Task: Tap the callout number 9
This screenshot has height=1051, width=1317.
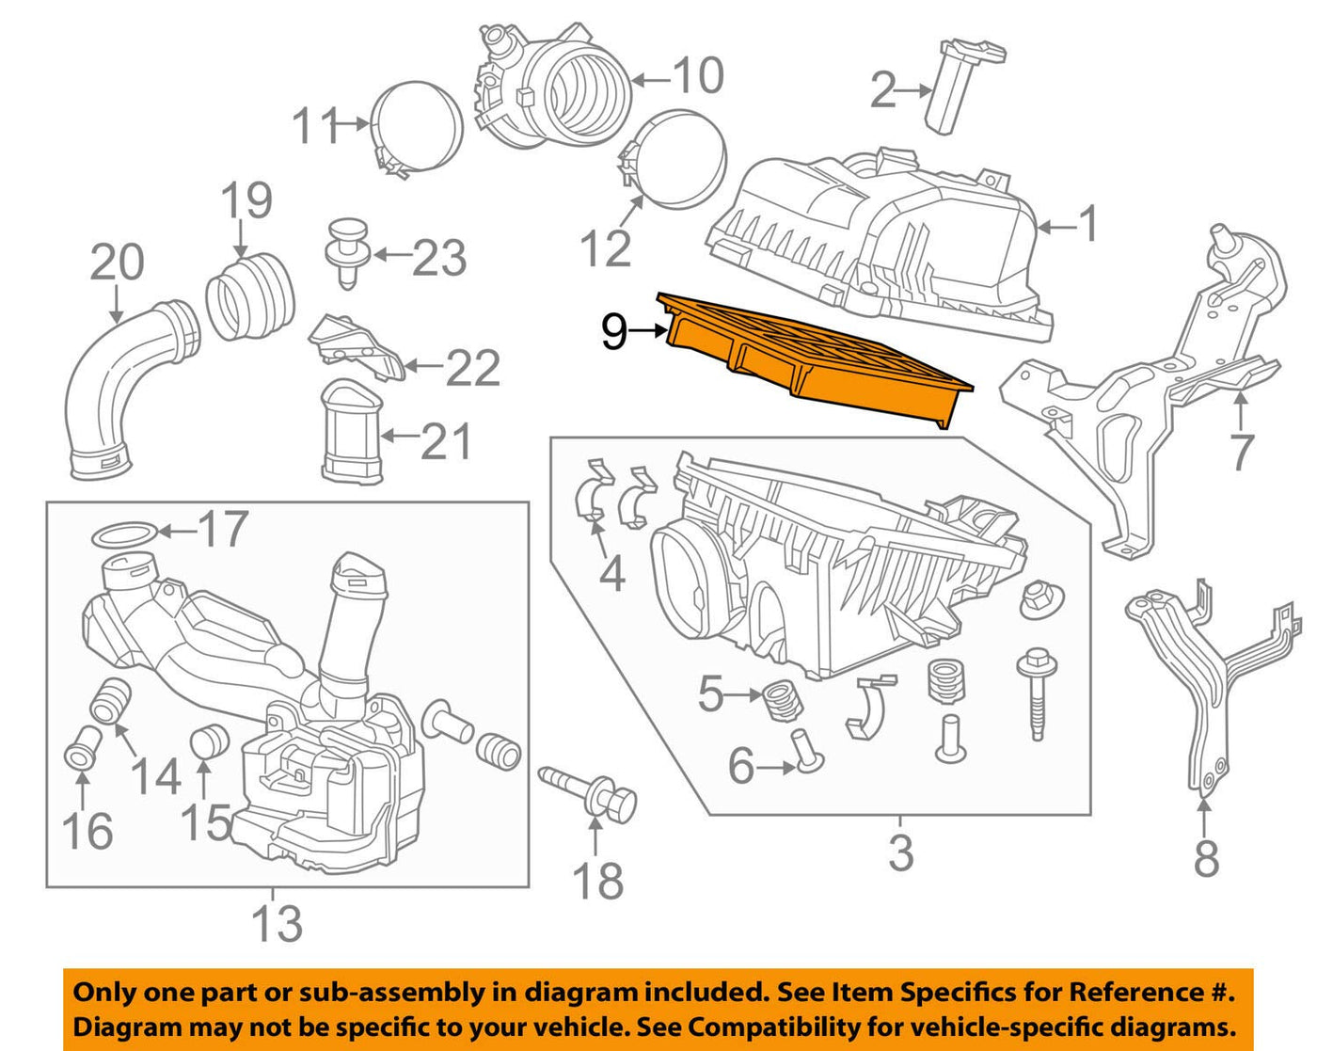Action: pos(614,331)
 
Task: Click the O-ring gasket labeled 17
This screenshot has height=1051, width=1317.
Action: pos(123,535)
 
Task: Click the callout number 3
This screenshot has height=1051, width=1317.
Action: pos(901,852)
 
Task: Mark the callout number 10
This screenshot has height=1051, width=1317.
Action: pos(698,75)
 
